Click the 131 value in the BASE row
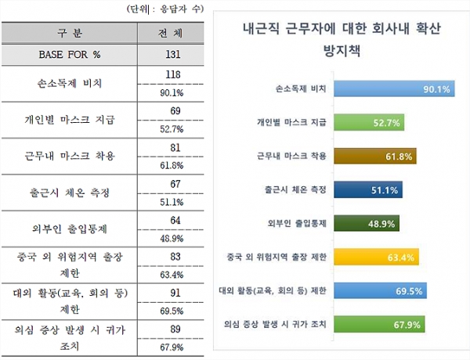click(173, 54)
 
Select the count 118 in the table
click(173, 74)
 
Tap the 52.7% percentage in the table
click(172, 130)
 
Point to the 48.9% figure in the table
click(172, 238)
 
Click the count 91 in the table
click(173, 293)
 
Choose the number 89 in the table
click(173, 329)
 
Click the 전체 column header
click(173, 34)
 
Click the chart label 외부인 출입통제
click(298, 222)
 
